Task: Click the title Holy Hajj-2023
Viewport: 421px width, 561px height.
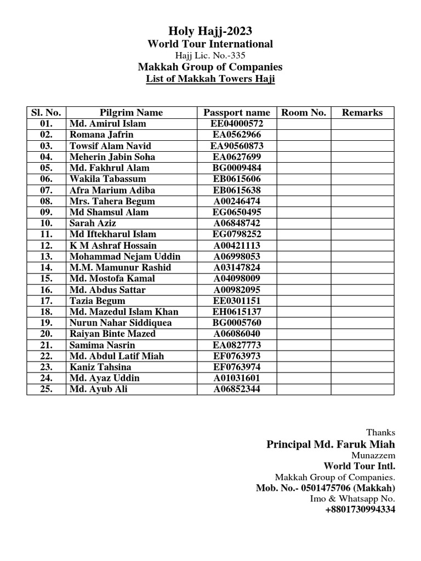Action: click(x=210, y=31)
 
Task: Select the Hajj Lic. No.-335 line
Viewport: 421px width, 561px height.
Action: click(x=210, y=55)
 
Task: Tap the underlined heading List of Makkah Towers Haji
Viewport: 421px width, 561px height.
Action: click(x=210, y=79)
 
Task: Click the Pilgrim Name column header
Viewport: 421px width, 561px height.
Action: click(x=131, y=112)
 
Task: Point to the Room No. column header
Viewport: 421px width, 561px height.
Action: click(x=303, y=112)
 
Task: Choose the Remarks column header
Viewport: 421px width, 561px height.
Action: click(x=362, y=112)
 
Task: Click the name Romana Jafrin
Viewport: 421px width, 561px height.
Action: click(x=101, y=135)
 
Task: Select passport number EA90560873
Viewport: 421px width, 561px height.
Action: click(x=237, y=146)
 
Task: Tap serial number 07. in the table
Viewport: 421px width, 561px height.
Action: click(x=46, y=190)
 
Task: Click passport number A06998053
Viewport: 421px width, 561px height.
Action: click(x=237, y=256)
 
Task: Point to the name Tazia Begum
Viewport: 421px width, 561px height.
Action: click(x=97, y=301)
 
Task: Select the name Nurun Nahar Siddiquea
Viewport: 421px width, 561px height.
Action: click(x=121, y=323)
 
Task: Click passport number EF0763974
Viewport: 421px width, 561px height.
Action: click(x=237, y=367)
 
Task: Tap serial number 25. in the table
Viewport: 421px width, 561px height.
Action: click(x=46, y=389)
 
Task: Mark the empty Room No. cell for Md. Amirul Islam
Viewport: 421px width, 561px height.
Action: click(x=303, y=124)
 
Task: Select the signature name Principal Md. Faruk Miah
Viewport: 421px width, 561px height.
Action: click(x=331, y=444)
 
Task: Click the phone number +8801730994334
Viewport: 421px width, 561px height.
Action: click(x=360, y=510)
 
